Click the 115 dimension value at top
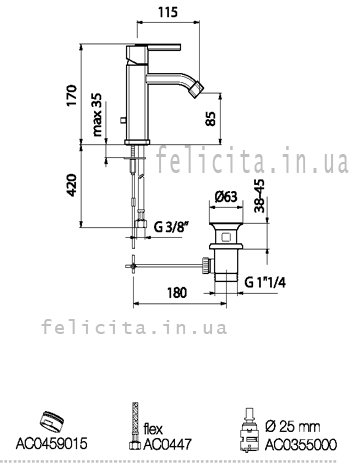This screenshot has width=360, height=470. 168,12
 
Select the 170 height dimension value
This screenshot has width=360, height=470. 72,95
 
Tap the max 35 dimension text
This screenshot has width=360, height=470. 97,115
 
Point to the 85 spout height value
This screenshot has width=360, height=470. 211,118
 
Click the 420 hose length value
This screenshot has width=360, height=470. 72,185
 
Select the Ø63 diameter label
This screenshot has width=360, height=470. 226,197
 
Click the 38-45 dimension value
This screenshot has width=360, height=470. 260,196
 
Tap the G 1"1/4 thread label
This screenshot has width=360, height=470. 265,283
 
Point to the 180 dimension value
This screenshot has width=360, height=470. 177,293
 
